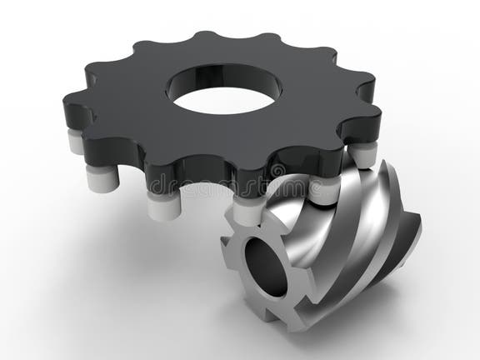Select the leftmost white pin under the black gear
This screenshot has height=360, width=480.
pyautogui.click(x=75, y=142)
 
